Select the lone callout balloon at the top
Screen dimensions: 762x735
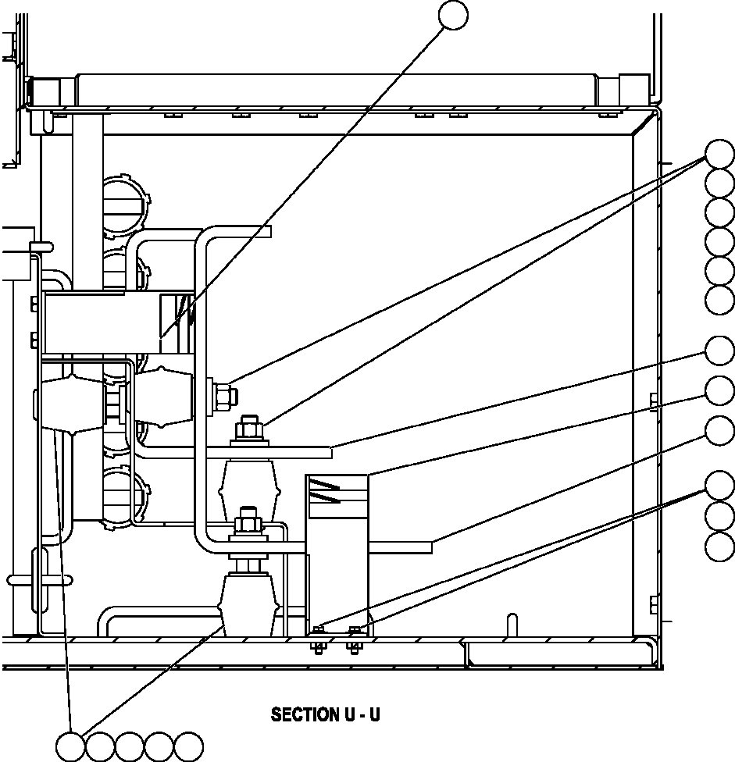454,15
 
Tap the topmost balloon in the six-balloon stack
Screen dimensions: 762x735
719,153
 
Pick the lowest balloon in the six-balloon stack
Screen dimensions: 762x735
719,300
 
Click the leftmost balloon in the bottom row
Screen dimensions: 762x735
71,746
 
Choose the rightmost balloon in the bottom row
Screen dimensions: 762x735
188,746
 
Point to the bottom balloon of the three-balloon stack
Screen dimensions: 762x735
719,546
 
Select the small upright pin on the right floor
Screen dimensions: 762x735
512,625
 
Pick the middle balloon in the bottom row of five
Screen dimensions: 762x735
130,746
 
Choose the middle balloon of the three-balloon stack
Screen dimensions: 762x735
719,516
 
